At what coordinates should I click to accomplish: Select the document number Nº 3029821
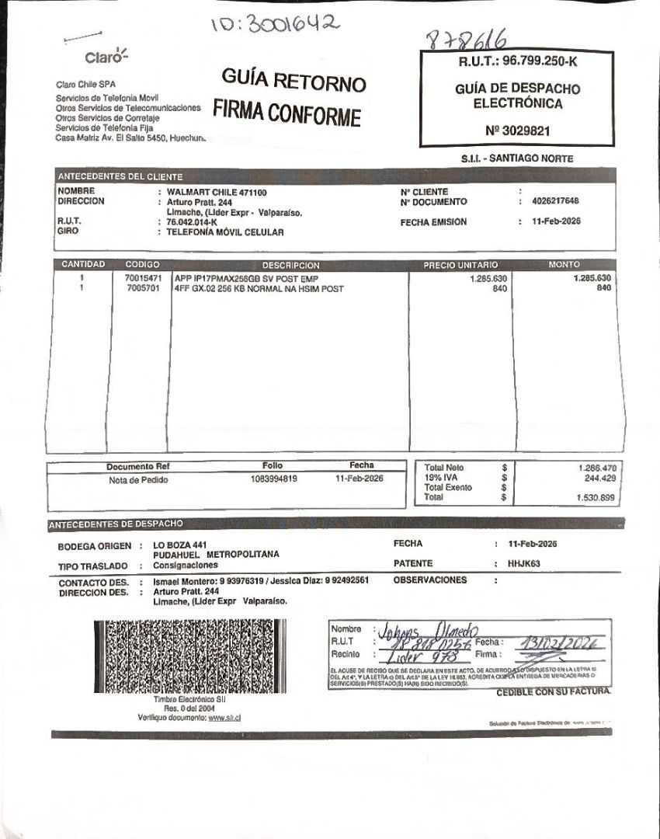coord(516,131)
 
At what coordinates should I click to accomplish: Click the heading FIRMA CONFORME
coord(287,113)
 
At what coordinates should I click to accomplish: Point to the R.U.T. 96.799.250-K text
coord(516,61)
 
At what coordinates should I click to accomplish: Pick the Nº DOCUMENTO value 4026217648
coord(555,201)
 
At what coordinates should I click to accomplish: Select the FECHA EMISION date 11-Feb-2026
coord(556,221)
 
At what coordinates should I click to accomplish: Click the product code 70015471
coord(143,278)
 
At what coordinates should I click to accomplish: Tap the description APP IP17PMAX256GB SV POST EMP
coord(246,278)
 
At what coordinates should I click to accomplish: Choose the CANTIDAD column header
coord(83,265)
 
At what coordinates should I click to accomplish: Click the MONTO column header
coord(564,265)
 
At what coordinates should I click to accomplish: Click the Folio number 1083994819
coord(273,479)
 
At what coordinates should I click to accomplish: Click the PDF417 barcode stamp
coord(189,656)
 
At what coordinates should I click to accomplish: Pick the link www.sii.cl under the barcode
coord(224,717)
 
